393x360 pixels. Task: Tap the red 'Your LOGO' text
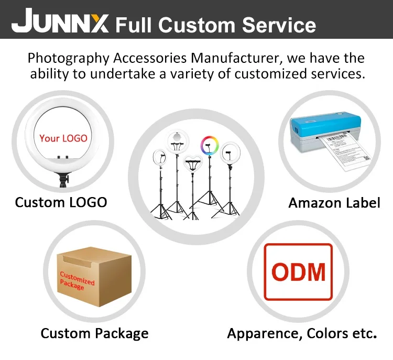click(63, 138)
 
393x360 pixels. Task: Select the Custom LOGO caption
click(61, 202)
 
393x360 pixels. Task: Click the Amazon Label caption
click(334, 203)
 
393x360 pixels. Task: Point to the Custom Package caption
click(94, 333)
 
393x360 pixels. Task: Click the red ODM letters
click(298, 272)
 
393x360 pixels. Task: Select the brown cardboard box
click(94, 278)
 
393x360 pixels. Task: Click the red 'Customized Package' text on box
click(75, 281)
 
